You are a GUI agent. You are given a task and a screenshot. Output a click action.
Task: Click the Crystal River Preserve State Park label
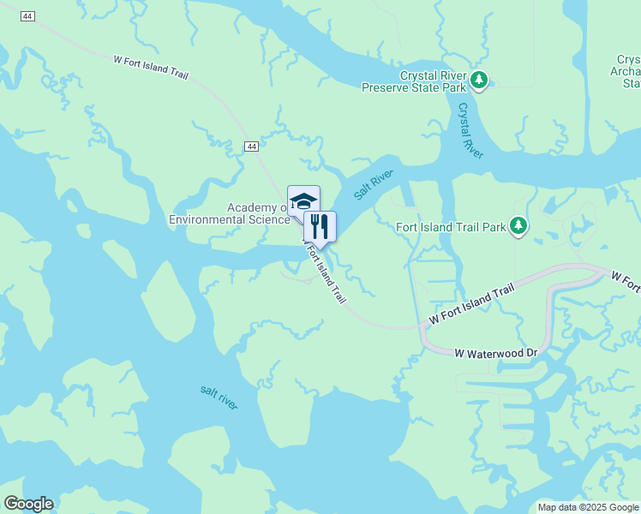[x=413, y=81]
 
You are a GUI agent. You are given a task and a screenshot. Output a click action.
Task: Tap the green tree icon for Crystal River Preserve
[x=480, y=81]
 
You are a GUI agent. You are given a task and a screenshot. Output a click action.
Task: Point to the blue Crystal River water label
[x=470, y=130]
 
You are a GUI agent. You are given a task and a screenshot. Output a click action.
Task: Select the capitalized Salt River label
[x=373, y=183]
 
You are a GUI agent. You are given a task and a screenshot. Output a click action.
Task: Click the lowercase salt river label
[x=219, y=397]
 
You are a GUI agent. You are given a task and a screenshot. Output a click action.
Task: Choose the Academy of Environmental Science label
[x=230, y=213]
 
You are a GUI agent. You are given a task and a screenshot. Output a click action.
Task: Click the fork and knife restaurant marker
[x=320, y=227]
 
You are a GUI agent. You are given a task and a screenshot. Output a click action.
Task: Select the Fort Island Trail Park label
[x=451, y=227]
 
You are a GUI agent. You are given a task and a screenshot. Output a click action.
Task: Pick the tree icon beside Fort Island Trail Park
[x=518, y=226]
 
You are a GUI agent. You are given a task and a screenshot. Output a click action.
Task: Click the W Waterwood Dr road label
[x=495, y=352]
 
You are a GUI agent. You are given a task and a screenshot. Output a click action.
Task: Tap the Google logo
[x=28, y=504]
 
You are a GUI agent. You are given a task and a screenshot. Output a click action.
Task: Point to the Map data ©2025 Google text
[x=587, y=507]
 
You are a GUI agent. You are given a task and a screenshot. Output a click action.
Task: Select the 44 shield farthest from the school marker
[x=28, y=17]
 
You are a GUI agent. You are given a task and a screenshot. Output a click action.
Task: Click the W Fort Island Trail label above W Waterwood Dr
[x=472, y=304]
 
